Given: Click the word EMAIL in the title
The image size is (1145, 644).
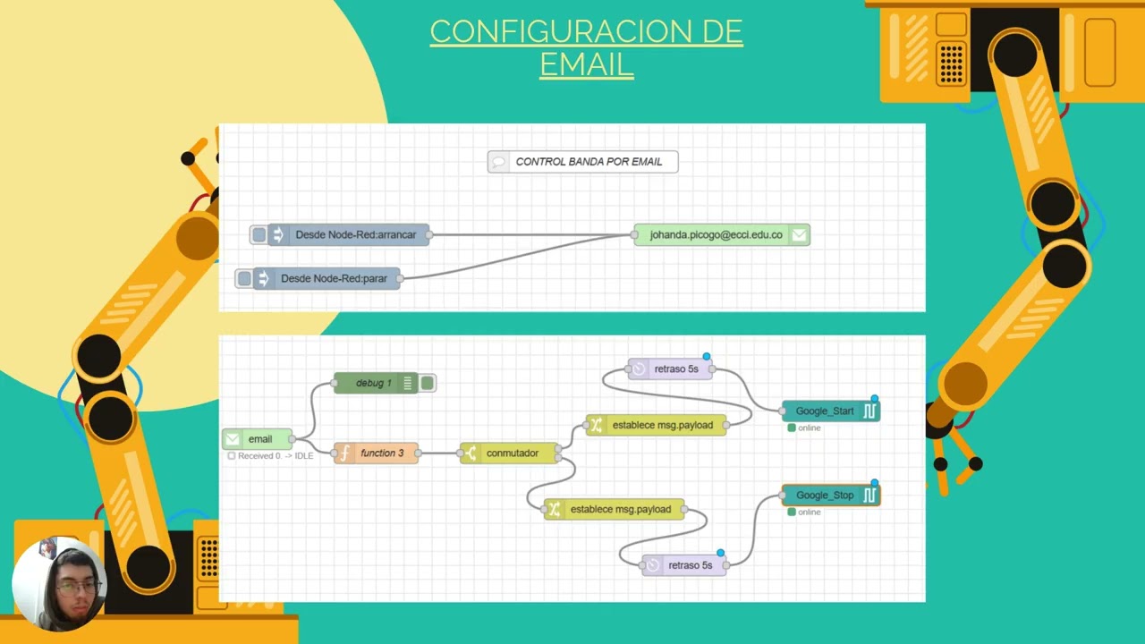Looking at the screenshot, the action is (587, 64).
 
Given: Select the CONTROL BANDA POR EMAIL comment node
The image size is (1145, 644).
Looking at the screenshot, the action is (582, 162).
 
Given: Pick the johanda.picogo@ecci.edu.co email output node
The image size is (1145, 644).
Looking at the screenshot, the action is (722, 234).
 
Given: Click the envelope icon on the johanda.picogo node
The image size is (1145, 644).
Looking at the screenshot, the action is (799, 234).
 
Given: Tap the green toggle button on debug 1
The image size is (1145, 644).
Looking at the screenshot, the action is (428, 383).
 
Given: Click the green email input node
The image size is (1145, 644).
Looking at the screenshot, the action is (257, 439).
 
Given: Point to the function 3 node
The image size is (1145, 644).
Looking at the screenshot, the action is (376, 453).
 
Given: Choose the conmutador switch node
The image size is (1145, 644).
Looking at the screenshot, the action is (509, 453).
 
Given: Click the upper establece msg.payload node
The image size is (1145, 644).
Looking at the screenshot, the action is (656, 425).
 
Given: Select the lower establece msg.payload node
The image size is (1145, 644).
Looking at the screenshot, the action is (614, 509).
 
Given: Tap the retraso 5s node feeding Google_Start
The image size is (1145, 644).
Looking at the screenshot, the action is (670, 369).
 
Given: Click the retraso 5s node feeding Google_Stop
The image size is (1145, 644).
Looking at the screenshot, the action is (684, 565).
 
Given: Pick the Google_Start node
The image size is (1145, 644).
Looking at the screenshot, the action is (831, 411).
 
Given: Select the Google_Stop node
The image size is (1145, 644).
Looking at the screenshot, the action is (831, 496).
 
